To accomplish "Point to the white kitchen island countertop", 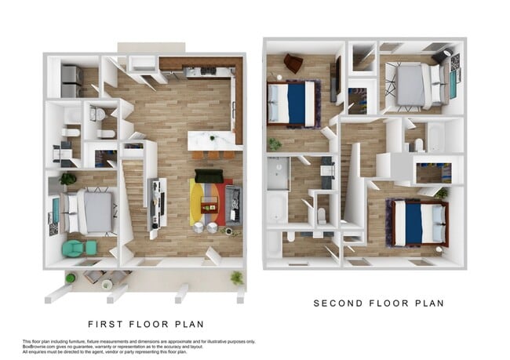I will click(x=213, y=140).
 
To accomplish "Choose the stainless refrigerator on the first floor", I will click(x=71, y=79).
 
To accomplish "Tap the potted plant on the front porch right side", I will click(x=236, y=278).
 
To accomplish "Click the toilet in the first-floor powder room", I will click(x=97, y=115).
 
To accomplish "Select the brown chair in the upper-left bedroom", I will click(x=293, y=63).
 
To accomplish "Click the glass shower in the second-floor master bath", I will click(x=278, y=173).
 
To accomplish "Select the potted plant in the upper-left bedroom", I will click(x=275, y=144).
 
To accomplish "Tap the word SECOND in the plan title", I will click(x=338, y=304).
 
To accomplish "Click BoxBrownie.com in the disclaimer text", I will click(x=38, y=347).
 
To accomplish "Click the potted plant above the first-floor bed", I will click(x=67, y=179).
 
